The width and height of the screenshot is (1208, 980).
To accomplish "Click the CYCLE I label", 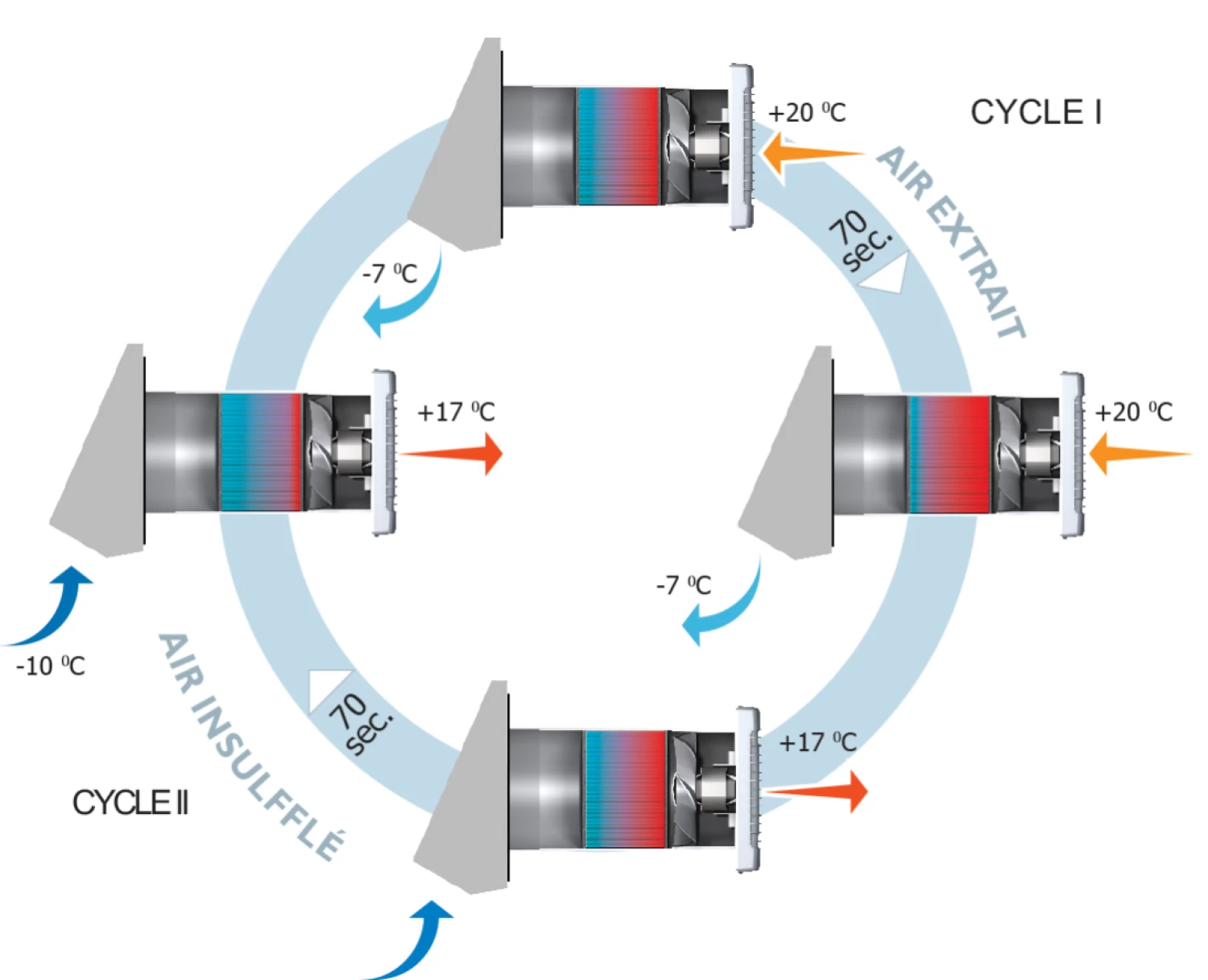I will click(x=1036, y=113).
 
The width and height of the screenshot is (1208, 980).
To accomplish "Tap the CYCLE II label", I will click(x=130, y=803).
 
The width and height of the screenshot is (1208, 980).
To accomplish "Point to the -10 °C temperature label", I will click(x=50, y=666).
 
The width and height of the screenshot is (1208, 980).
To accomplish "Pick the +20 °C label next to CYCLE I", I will click(x=807, y=113).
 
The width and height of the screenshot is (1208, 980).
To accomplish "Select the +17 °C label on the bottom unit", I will click(x=817, y=742).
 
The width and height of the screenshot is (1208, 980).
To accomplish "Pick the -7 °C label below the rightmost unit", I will click(x=684, y=585).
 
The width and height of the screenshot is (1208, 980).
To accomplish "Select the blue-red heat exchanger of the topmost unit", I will click(x=618, y=146).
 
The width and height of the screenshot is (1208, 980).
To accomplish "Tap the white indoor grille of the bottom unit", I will click(x=748, y=790).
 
